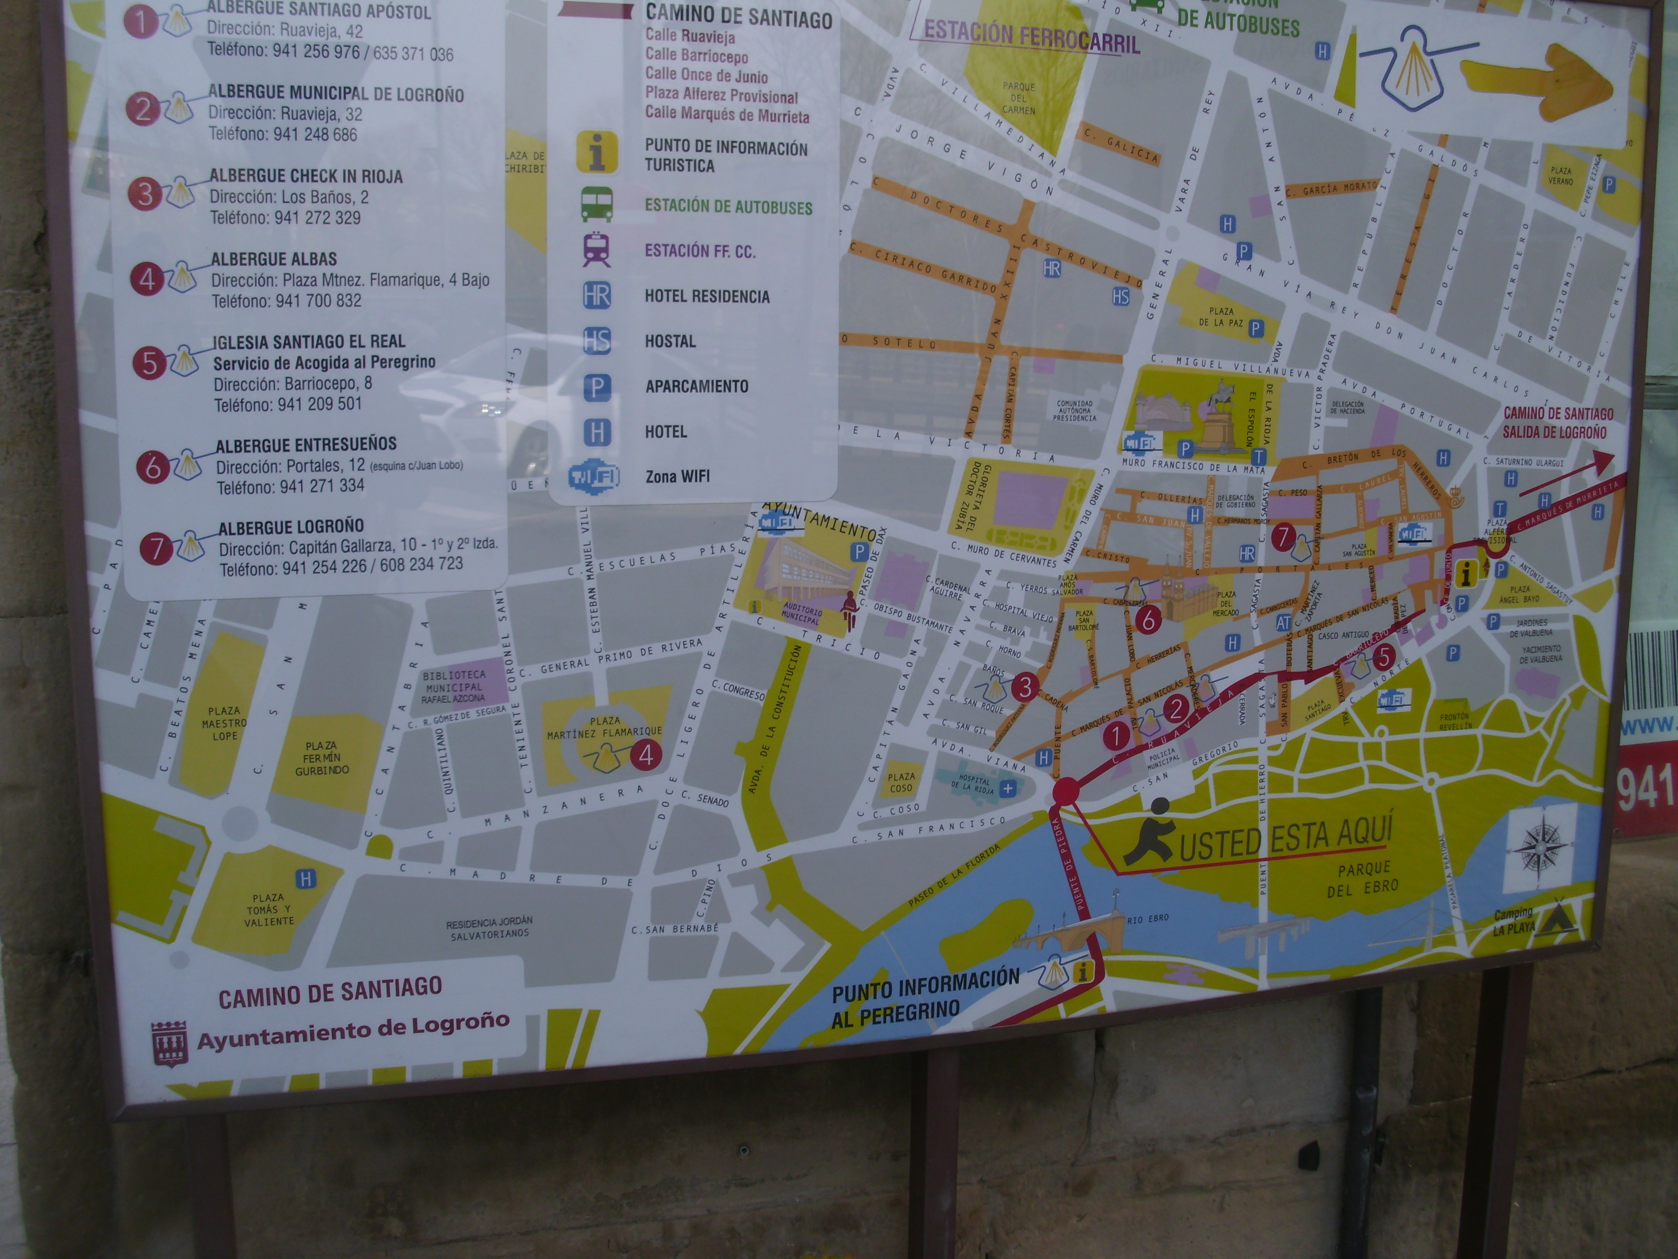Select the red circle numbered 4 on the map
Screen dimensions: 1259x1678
tap(647, 754)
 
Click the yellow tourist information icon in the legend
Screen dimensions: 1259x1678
tap(597, 152)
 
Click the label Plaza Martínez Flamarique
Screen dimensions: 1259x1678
tap(604, 726)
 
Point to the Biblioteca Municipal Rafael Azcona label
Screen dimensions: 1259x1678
tap(453, 687)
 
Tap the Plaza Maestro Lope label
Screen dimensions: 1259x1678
tap(224, 723)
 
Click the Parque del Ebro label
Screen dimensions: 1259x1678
tap(1363, 878)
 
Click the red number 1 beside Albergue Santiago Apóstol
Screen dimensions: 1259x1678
tap(141, 22)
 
